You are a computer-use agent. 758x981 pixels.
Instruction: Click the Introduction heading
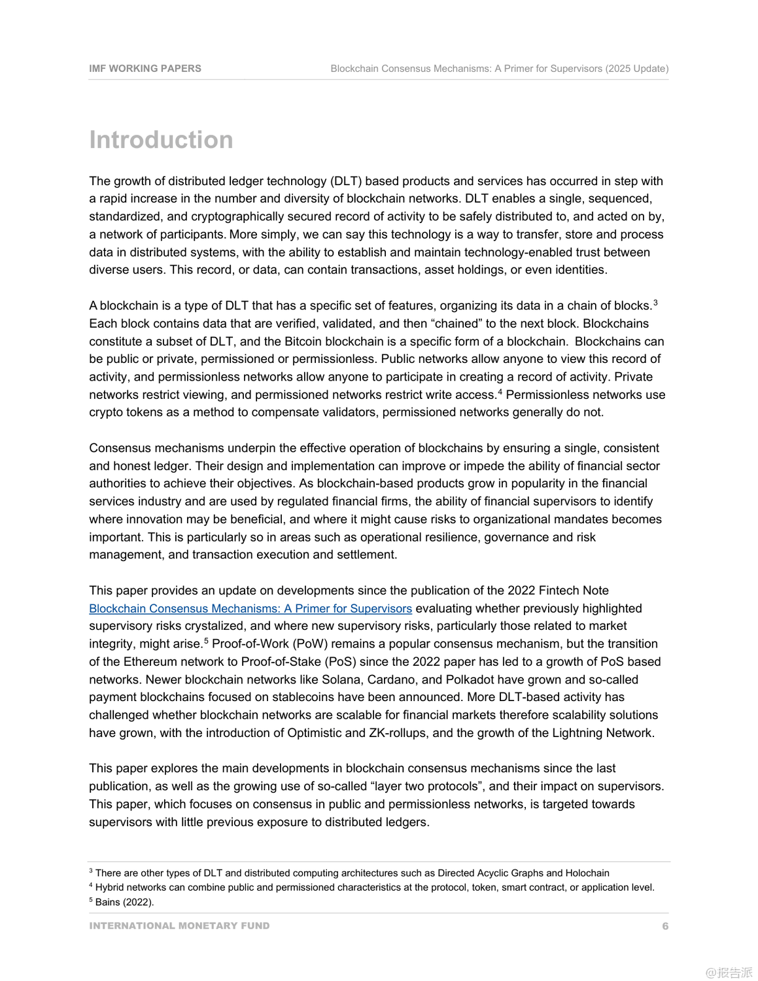coord(161,140)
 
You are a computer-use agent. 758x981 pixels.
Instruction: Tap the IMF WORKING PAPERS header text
coord(145,69)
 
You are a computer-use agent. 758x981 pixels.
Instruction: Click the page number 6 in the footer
coord(665,926)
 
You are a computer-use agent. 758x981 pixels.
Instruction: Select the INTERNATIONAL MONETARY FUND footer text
coord(179,926)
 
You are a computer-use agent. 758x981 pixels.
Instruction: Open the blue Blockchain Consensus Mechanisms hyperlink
coord(250,609)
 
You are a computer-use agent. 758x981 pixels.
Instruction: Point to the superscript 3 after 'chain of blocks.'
coord(655,303)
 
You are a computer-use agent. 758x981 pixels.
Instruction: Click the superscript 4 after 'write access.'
coord(500,392)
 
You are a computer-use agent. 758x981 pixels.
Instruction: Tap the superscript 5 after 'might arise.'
coord(206,641)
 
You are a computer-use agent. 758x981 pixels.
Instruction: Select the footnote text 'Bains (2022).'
coord(125,903)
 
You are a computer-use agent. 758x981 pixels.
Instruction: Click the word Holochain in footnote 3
coord(587,873)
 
